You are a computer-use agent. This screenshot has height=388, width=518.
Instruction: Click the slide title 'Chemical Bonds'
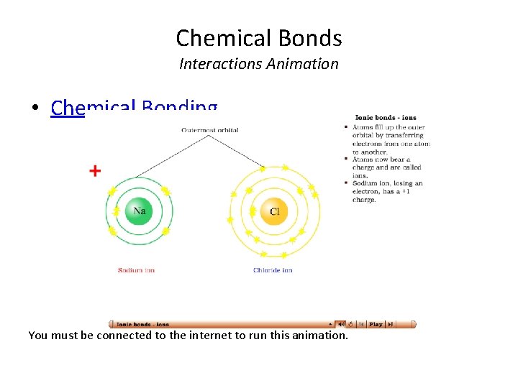[258, 37]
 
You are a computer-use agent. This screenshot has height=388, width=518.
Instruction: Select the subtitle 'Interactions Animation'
[258, 64]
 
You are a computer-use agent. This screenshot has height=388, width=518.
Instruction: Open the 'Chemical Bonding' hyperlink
[134, 108]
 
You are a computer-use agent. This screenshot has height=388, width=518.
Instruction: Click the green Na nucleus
[140, 211]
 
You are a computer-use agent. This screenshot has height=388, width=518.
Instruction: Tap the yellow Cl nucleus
[274, 211]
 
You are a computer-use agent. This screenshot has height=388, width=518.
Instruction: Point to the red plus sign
[95, 171]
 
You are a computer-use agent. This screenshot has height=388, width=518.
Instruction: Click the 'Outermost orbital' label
[210, 130]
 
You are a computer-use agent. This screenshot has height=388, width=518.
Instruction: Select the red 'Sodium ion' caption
[136, 270]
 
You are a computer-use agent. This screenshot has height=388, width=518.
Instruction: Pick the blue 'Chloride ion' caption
[273, 270]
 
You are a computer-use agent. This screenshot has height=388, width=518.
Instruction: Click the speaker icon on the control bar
[341, 324]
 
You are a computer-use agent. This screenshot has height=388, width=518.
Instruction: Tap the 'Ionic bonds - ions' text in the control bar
[142, 324]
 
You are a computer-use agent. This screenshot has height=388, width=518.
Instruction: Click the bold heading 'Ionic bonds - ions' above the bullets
[385, 118]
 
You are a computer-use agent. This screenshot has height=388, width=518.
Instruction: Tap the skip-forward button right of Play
[390, 324]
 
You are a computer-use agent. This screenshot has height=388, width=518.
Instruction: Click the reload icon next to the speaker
[350, 324]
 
